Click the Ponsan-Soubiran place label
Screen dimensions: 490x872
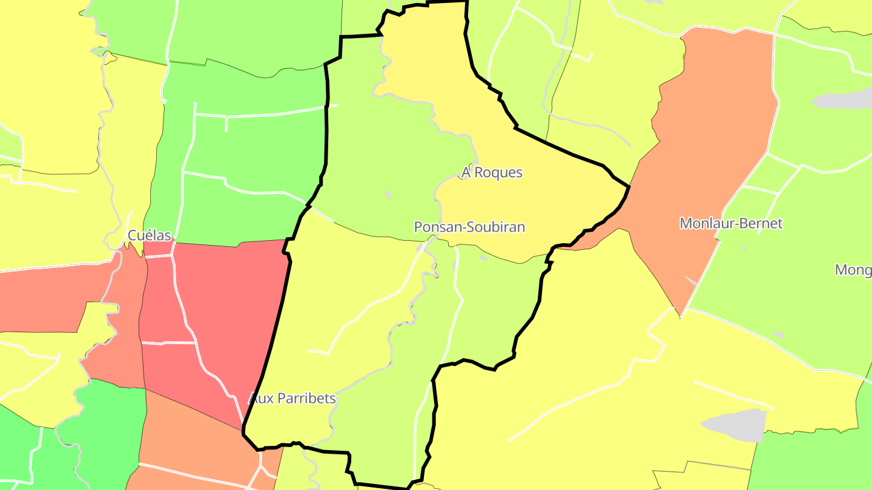point(469,227)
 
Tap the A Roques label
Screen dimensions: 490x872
point(492,172)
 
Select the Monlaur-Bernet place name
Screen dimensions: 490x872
point(731,223)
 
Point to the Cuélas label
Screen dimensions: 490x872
point(149,235)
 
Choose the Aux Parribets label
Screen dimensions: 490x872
point(292,399)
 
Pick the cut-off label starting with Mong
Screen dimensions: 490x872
point(853,270)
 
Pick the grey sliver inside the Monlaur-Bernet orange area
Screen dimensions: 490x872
point(691,281)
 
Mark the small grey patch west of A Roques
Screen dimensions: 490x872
point(388,195)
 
